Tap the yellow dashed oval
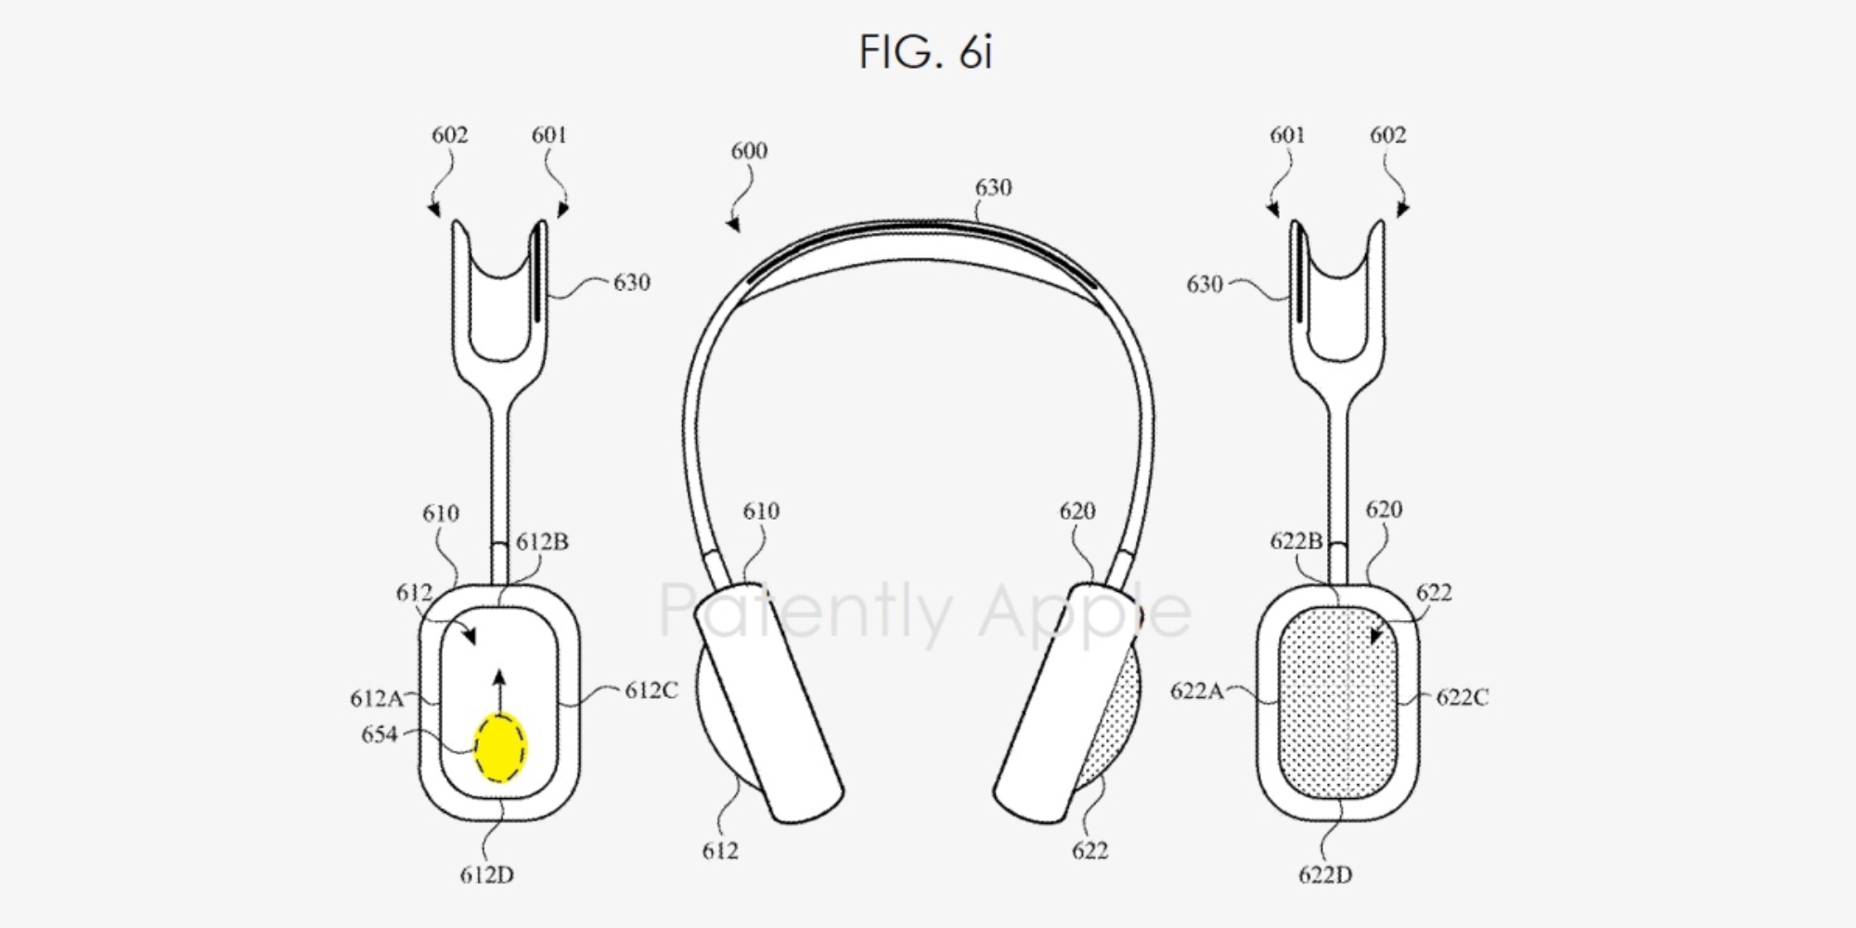click(500, 747)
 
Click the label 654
click(379, 735)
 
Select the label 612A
click(376, 698)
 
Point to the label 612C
click(651, 690)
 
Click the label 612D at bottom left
click(486, 875)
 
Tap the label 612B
click(542, 542)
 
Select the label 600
click(749, 151)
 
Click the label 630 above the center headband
click(992, 187)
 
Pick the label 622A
click(1196, 691)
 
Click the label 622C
click(1462, 697)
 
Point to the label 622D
click(1324, 875)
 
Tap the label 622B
click(1295, 541)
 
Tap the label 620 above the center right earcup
click(1076, 511)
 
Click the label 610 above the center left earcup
click(761, 511)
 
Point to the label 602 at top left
click(449, 135)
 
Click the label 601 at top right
click(1287, 135)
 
